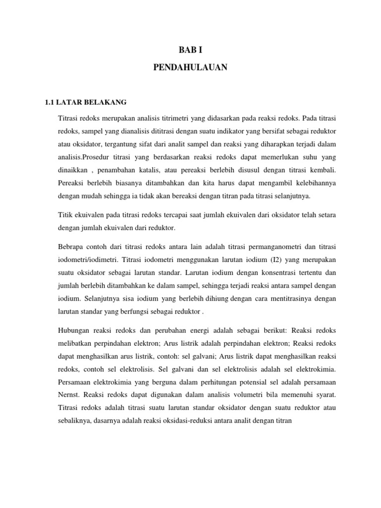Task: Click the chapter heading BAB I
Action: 190,50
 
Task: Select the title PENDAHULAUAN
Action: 190,67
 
